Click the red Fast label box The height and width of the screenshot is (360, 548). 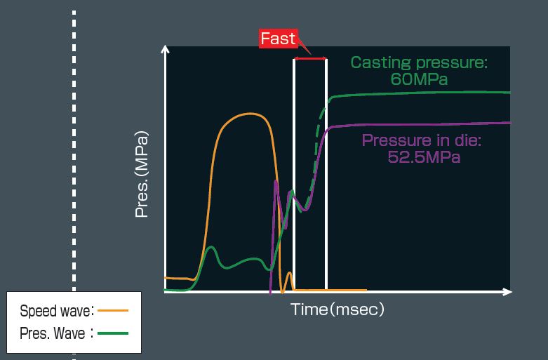(x=278, y=39)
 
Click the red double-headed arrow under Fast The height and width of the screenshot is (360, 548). (x=310, y=58)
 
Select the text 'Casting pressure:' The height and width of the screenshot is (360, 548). (x=419, y=63)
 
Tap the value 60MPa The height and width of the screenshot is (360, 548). (x=419, y=79)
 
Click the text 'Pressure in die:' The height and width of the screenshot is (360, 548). (x=422, y=140)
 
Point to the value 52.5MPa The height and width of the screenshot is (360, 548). (x=424, y=156)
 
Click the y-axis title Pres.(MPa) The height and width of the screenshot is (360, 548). (x=142, y=174)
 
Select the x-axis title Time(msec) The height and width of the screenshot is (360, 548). (x=338, y=309)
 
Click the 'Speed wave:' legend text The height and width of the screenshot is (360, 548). (x=57, y=311)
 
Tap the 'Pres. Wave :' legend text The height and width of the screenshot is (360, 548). (x=57, y=333)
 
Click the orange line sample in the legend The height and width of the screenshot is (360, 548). (x=113, y=310)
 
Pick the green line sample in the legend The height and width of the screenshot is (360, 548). (x=113, y=333)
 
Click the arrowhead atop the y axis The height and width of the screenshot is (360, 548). (x=165, y=49)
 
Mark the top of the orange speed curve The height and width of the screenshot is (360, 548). (x=249, y=114)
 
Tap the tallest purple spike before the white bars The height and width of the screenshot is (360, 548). (x=276, y=181)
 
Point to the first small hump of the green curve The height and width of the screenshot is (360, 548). (x=211, y=248)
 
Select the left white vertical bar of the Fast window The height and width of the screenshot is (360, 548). (x=294, y=174)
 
